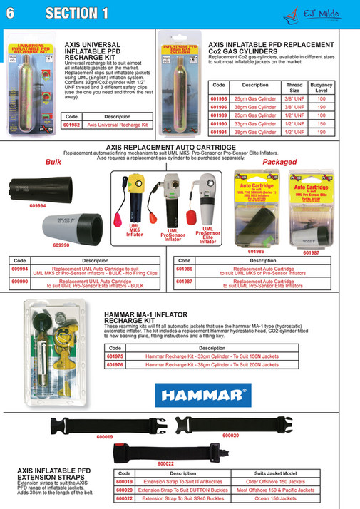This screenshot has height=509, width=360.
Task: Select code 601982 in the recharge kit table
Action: tap(72, 125)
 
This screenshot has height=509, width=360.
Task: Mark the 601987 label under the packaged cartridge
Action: tap(312, 252)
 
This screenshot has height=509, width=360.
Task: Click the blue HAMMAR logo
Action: tap(202, 393)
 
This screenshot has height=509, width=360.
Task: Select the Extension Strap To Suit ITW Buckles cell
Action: tap(182, 482)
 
